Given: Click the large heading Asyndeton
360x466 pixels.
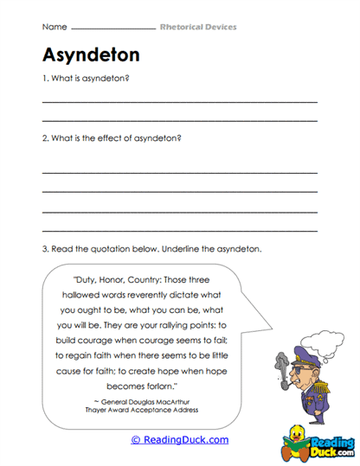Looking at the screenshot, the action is (x=91, y=56).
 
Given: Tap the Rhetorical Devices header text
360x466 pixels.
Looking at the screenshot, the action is (x=198, y=27).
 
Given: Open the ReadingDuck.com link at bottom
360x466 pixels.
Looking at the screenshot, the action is (x=179, y=439).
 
